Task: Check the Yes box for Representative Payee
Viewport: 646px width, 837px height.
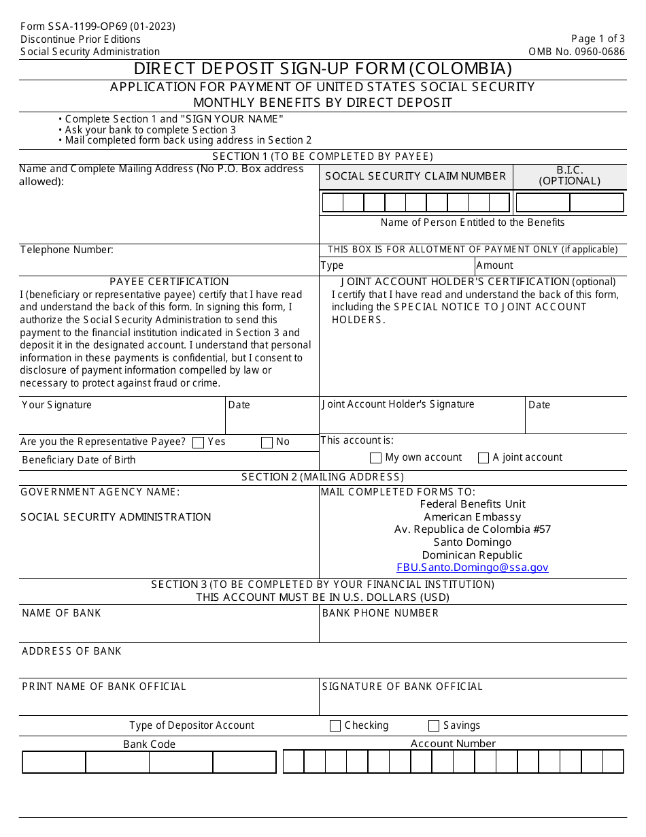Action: [x=199, y=442]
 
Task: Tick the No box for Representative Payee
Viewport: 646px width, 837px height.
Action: [x=267, y=442]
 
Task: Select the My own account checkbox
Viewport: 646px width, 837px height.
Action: [x=375, y=458]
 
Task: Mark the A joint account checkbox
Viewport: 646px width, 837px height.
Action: [x=483, y=458]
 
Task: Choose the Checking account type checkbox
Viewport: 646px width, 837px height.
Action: [x=335, y=726]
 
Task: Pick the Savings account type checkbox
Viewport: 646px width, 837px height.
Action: [x=434, y=726]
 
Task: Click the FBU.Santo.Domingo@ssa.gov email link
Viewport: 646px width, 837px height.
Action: [x=473, y=568]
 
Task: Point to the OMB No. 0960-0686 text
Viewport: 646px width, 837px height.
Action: [x=577, y=52]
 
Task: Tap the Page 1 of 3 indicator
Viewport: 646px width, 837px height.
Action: [x=598, y=39]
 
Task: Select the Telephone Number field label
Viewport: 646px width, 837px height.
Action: [x=67, y=250]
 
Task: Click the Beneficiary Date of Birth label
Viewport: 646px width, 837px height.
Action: [x=78, y=460]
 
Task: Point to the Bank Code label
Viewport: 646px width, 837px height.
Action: [x=149, y=744]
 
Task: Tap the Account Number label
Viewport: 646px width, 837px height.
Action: [x=453, y=744]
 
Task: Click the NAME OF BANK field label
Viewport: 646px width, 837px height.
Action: [x=61, y=613]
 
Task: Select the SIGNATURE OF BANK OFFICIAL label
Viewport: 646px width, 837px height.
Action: [x=403, y=687]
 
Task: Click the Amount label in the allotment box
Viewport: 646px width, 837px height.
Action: [x=494, y=265]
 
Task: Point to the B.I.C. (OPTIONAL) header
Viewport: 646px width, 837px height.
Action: [x=570, y=176]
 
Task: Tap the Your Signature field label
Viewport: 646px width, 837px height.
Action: [x=56, y=405]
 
